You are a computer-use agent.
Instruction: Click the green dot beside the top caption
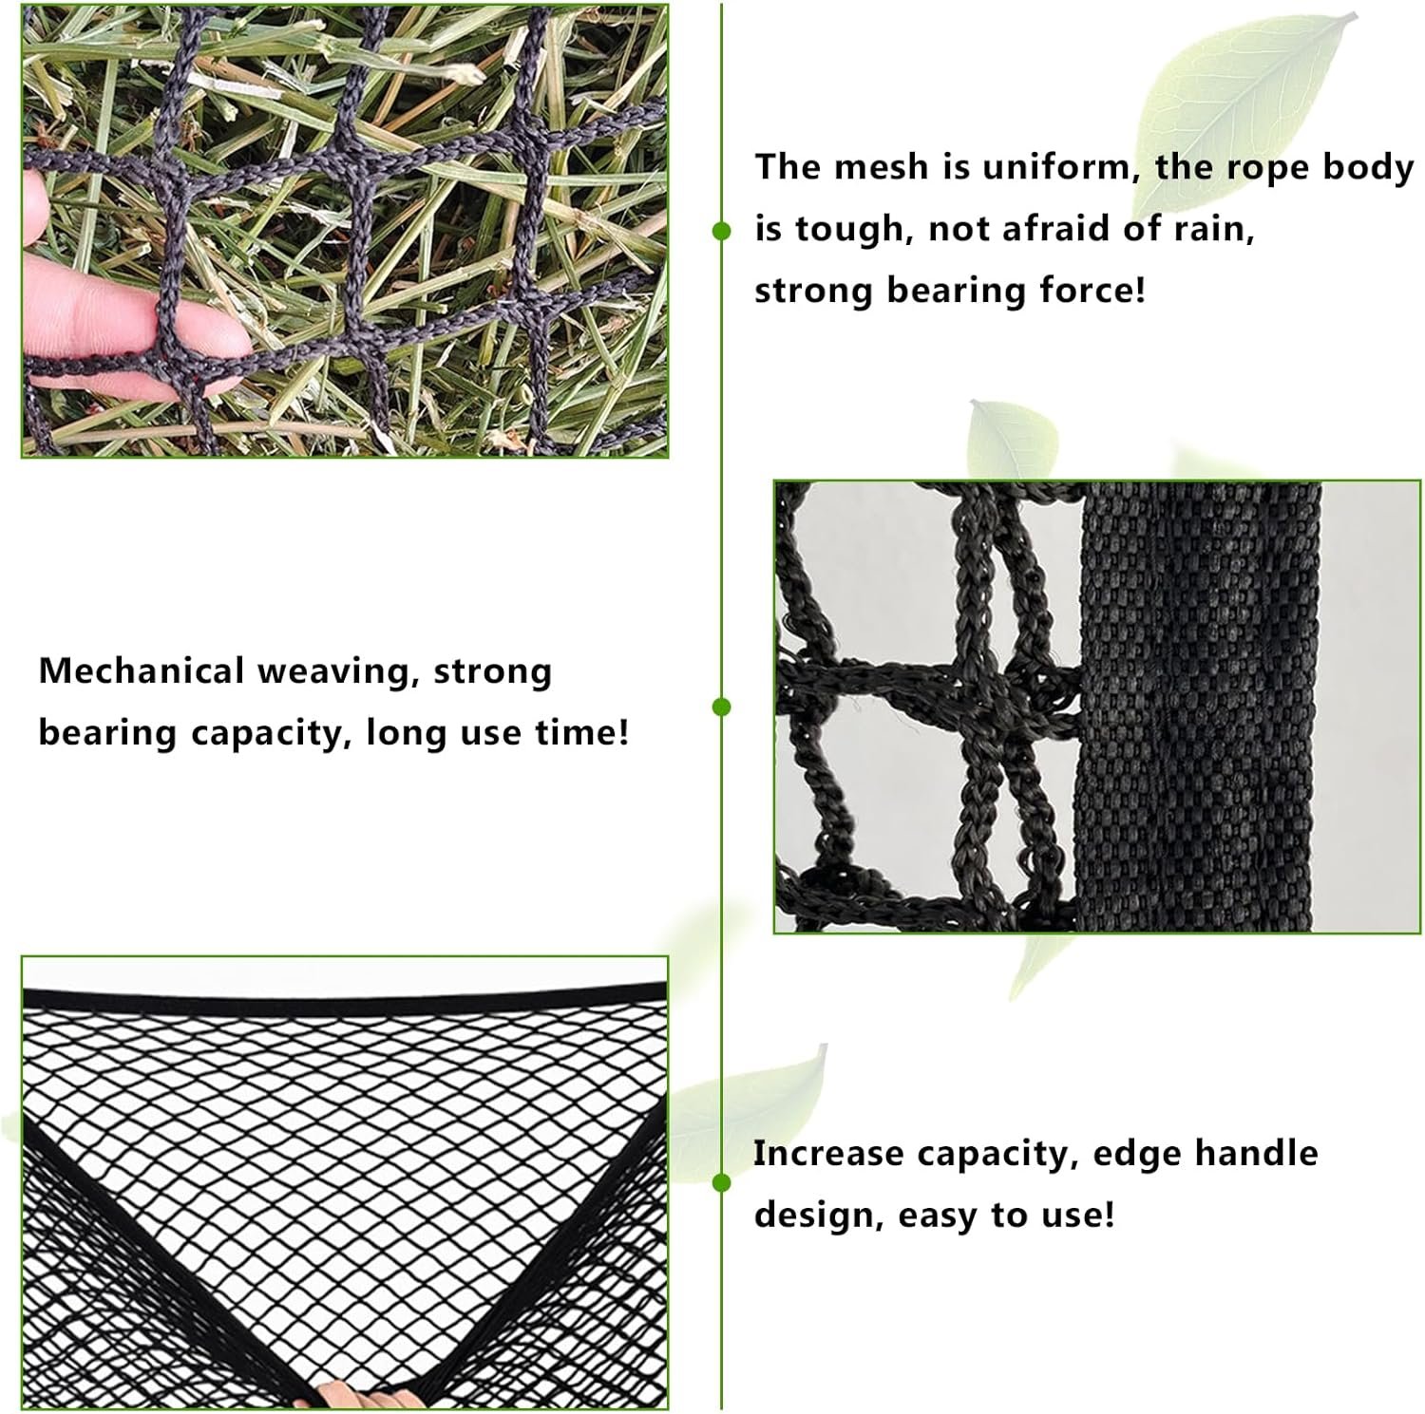(722, 231)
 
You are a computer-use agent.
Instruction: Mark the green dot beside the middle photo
(722, 707)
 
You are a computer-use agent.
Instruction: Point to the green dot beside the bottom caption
(722, 1182)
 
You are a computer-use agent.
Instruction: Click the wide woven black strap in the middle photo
(1197, 707)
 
